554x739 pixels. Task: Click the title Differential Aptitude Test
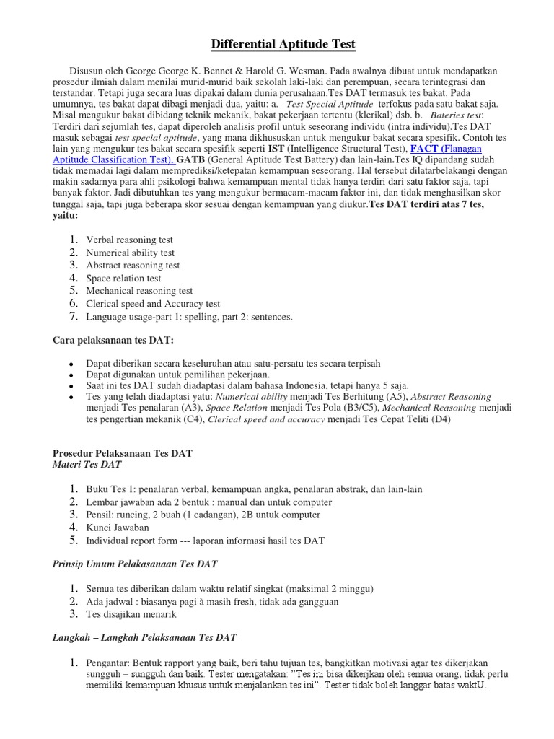(283, 45)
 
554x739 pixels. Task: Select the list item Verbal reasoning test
(129, 240)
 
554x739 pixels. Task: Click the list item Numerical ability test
(130, 253)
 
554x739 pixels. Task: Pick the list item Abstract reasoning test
(133, 266)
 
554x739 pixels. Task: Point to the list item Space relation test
(123, 279)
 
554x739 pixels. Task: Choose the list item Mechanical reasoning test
(139, 291)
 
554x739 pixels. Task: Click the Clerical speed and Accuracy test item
(153, 304)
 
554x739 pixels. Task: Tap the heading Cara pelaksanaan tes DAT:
(114, 340)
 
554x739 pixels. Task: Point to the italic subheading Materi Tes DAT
(87, 464)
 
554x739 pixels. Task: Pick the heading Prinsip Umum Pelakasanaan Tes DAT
(136, 564)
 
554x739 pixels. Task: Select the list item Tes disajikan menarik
(131, 614)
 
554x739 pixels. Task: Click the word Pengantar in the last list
(107, 663)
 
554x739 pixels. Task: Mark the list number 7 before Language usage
(73, 316)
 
